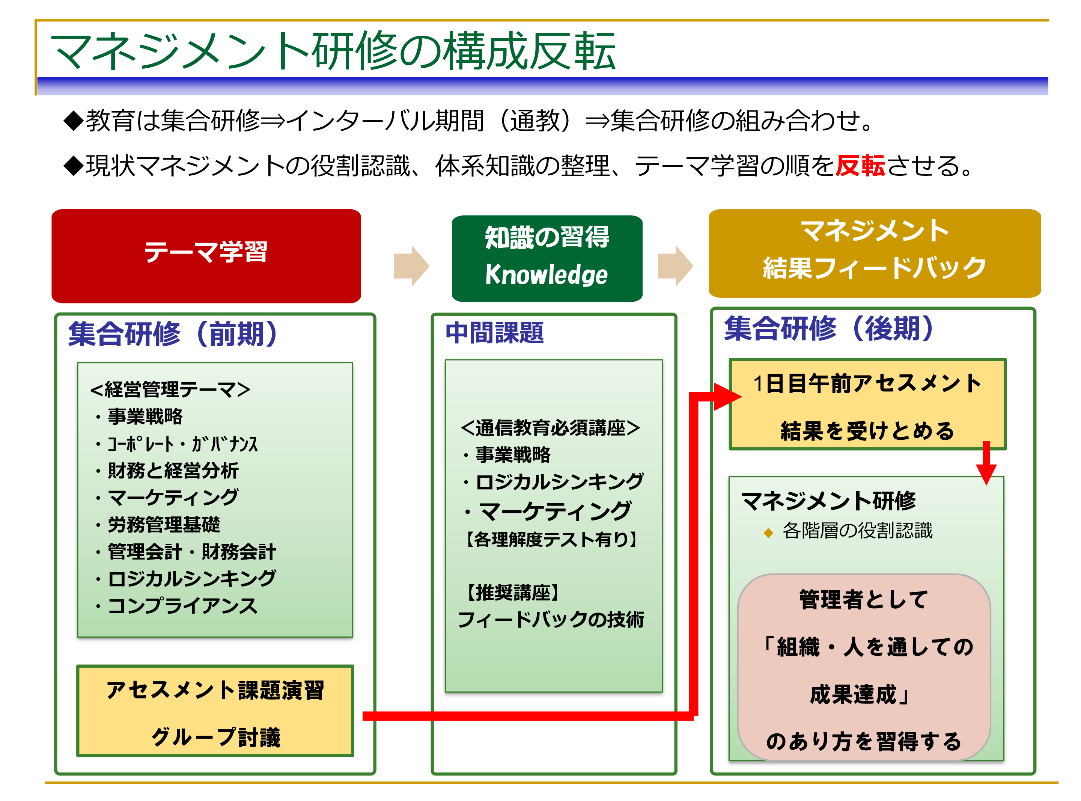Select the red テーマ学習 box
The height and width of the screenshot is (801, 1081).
point(206,256)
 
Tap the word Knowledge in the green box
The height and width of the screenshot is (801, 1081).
point(546,275)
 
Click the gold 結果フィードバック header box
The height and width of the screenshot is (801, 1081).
point(874,253)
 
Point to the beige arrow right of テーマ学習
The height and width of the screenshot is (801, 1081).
point(411,266)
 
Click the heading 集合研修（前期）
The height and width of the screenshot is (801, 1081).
point(173,334)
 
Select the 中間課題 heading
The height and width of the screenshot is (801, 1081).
point(494,333)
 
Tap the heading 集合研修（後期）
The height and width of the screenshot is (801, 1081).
point(829,328)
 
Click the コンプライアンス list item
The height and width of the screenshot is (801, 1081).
point(177,606)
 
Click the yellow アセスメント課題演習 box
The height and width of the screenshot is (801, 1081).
point(215,710)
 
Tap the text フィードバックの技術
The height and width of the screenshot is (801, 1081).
point(551,620)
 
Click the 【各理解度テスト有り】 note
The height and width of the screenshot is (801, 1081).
point(551,539)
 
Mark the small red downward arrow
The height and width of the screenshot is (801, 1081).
point(986,463)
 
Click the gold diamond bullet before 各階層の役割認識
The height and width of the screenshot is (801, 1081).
point(768,533)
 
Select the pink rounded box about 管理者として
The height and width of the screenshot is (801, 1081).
point(863,668)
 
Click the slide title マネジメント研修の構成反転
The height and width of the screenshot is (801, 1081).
point(333,51)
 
